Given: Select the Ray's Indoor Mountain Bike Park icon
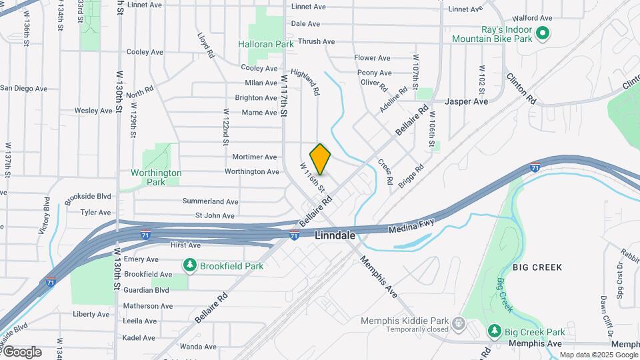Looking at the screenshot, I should [543, 32].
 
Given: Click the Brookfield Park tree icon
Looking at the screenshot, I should [190, 266].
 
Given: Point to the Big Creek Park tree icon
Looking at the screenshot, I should [494, 331].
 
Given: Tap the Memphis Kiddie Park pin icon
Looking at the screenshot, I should [459, 325].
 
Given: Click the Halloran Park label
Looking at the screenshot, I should [266, 44].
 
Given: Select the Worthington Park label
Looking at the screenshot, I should [156, 177].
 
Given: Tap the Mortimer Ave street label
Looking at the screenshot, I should [254, 157].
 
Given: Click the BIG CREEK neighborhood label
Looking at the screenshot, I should [537, 267].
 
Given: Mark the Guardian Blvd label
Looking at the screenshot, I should [146, 290].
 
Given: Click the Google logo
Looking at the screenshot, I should [22, 352].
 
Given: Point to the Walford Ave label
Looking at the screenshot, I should [531, 18].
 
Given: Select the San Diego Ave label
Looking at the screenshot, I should [24, 88].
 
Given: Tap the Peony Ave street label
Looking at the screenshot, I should [374, 73].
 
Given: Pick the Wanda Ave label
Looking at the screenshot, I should [198, 347].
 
